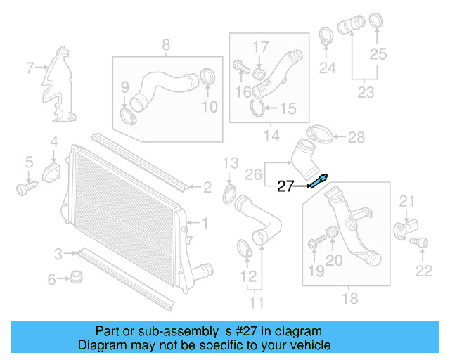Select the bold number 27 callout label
click(286, 186)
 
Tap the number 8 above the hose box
click(166, 45)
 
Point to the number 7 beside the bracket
click(30, 68)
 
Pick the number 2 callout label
click(207, 188)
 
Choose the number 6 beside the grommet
click(51, 280)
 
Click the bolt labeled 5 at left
click(27, 188)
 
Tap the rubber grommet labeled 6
click(75, 277)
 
